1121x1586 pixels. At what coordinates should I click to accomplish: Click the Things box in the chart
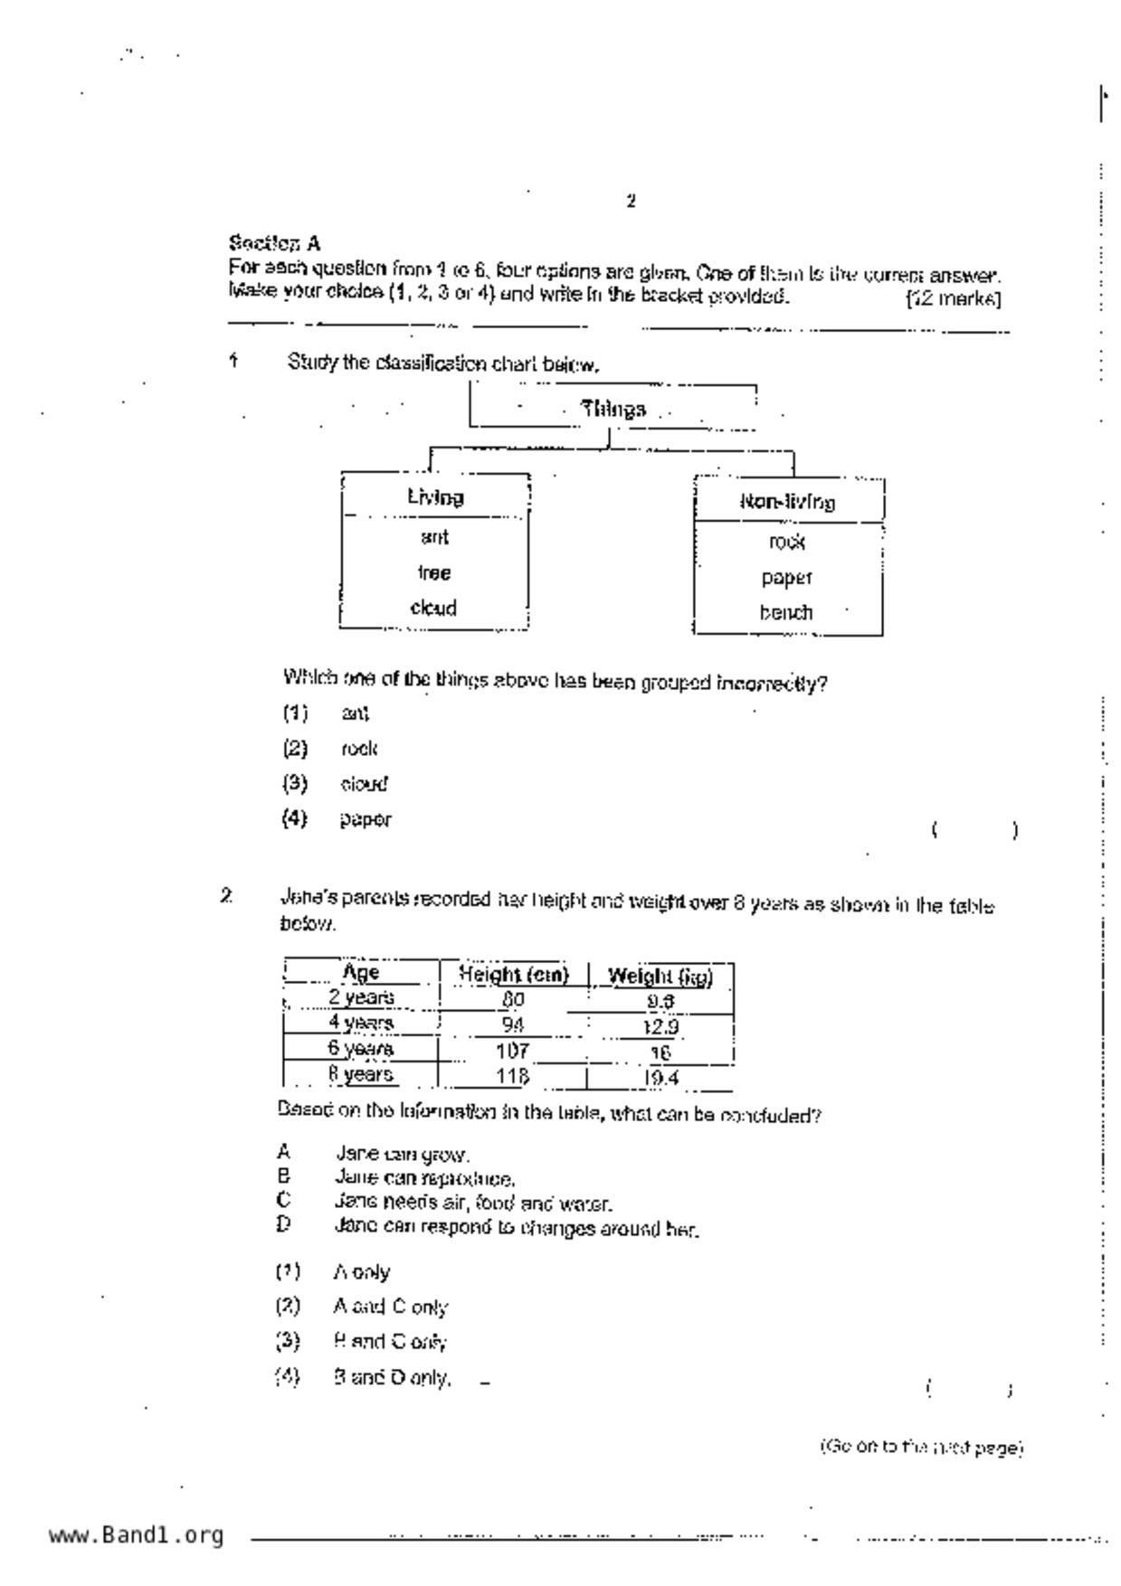[x=613, y=409]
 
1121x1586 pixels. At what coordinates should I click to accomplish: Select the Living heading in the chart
[x=435, y=497]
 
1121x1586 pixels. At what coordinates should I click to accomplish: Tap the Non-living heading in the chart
[x=787, y=502]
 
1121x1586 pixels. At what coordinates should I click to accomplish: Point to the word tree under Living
[x=434, y=573]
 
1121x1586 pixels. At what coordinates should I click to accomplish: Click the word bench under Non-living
[x=785, y=613]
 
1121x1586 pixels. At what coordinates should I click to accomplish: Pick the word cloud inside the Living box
[x=433, y=609]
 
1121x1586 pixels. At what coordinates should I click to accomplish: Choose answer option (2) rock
[x=358, y=749]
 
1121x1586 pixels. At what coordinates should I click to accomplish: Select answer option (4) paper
[x=365, y=820]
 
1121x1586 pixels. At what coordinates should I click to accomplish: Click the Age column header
[x=361, y=973]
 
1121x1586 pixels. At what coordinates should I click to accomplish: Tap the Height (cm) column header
[x=513, y=975]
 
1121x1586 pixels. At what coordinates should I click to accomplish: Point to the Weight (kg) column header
[x=660, y=977]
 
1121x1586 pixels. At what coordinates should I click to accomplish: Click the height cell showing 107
[x=512, y=1052]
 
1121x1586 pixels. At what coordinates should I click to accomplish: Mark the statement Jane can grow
[x=401, y=1155]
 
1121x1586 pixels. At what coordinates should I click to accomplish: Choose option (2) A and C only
[x=389, y=1307]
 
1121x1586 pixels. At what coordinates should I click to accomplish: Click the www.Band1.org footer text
[x=136, y=1535]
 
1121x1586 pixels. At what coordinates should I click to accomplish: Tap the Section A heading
[x=274, y=243]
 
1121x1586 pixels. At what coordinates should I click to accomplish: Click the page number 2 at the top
[x=631, y=202]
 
